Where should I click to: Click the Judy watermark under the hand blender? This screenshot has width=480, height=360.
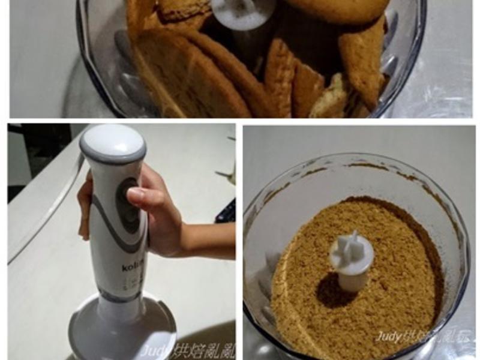pyautogui.click(x=186, y=349)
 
